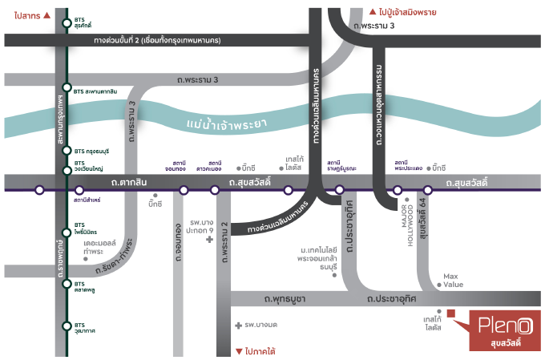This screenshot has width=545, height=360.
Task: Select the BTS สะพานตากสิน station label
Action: click(90, 91)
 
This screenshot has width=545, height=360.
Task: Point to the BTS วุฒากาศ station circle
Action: click(67, 326)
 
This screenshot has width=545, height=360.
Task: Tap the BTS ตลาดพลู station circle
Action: click(67, 283)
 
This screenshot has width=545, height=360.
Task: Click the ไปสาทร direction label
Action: click(25, 14)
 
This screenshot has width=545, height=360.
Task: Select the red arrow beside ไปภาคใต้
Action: click(237, 351)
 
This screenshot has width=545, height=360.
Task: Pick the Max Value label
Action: click(454, 280)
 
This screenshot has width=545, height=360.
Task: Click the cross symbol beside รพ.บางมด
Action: click(238, 326)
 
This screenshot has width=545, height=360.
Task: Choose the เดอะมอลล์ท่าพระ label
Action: click(100, 246)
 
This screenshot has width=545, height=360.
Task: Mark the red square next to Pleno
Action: click(451, 313)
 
